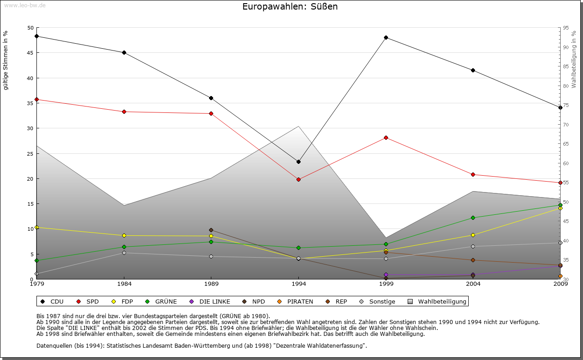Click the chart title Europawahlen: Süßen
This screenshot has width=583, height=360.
[x=290, y=7]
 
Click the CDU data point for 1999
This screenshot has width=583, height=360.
[x=386, y=37]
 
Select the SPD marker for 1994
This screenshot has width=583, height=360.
[x=298, y=179]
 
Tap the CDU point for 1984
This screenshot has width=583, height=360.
[x=124, y=52]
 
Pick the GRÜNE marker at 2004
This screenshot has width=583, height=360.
[x=473, y=218]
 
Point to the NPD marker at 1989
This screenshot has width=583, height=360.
[x=211, y=230]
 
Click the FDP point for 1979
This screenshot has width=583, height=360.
[x=36, y=227]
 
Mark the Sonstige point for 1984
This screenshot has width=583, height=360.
[x=124, y=253]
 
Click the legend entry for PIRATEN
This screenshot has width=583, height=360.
[x=296, y=301]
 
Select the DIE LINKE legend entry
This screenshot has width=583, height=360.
[x=210, y=301]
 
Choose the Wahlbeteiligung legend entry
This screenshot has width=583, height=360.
[x=437, y=301]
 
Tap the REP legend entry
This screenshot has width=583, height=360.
[x=339, y=301]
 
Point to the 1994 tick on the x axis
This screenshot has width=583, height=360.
[x=298, y=284]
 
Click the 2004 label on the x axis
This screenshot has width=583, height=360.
[x=473, y=284]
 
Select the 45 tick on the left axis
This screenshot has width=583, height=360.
[x=31, y=53]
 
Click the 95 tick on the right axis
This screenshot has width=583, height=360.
[x=566, y=28]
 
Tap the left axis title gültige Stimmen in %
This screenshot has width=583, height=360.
[x=6, y=60]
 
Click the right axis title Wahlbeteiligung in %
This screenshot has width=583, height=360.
[x=574, y=59]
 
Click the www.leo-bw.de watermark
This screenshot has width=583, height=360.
[x=25, y=5]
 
